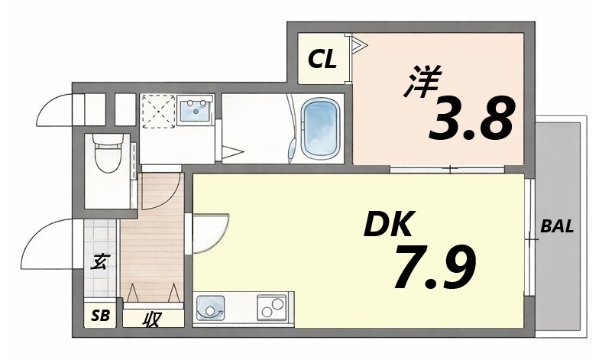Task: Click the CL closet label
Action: (322, 60)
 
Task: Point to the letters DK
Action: (387, 225)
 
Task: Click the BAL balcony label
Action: (557, 226)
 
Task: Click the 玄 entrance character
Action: (99, 262)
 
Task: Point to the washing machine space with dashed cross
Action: (158, 111)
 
